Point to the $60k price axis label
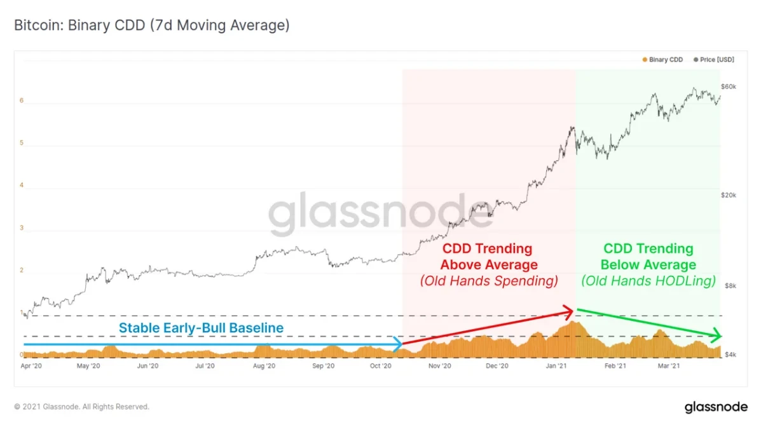[728, 86]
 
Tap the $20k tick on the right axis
[728, 195]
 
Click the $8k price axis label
[730, 286]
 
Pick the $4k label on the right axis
[730, 355]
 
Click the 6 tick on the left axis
[22, 100]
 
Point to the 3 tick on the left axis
[22, 227]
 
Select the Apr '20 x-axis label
[31, 367]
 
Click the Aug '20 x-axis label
[264, 367]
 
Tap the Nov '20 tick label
[439, 367]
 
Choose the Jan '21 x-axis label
[557, 367]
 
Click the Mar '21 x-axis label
[669, 367]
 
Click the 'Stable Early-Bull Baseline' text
[201, 328]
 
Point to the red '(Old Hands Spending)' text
[489, 281]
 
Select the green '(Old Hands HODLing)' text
[648, 281]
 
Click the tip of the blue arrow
[401, 345]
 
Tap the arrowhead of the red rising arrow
[572, 310]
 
